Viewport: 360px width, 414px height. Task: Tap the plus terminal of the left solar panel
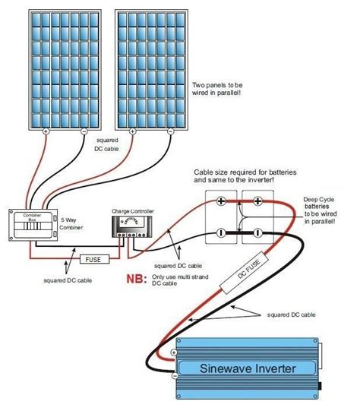[x=45, y=131]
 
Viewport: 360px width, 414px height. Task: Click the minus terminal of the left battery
[x=221, y=232]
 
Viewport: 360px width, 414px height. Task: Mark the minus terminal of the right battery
[x=258, y=232]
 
